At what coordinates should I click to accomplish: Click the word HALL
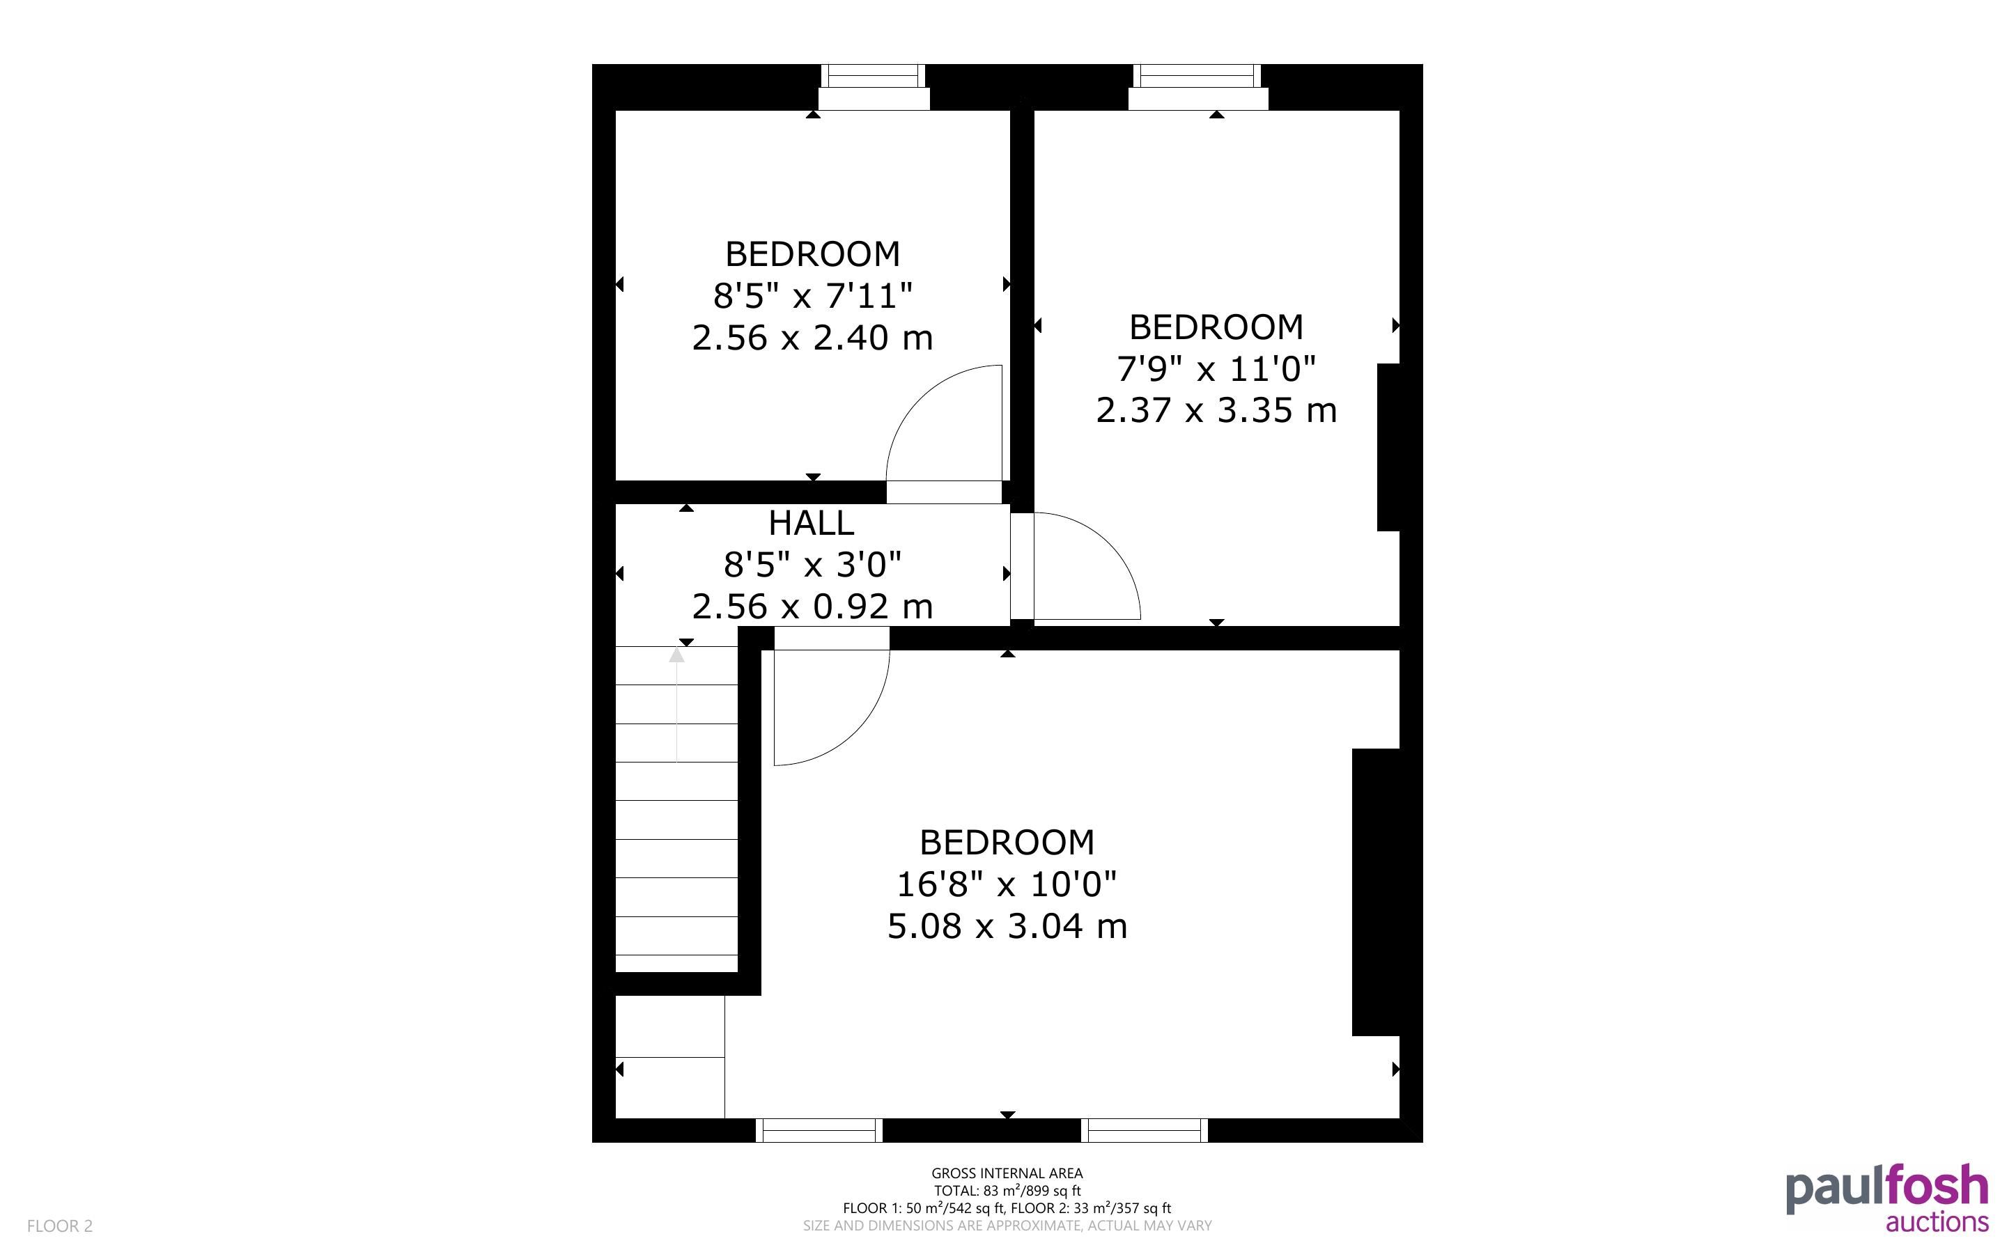[811, 523]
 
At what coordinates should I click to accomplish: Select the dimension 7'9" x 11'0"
[1216, 368]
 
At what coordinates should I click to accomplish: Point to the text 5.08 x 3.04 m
[1007, 926]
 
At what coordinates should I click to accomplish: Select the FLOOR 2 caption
[60, 1226]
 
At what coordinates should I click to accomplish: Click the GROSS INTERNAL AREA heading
[1007, 1173]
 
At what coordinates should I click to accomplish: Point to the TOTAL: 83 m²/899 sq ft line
[1007, 1191]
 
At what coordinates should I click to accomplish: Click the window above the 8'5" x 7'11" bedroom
[874, 86]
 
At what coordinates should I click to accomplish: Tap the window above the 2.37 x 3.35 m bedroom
[1197, 86]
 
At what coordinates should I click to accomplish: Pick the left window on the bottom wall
[819, 1130]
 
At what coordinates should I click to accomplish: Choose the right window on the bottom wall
[1144, 1130]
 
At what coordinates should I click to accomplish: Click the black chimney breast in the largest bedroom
[1376, 892]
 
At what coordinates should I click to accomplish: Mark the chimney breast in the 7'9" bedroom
[1389, 447]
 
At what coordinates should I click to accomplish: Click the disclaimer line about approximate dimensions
[1007, 1226]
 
